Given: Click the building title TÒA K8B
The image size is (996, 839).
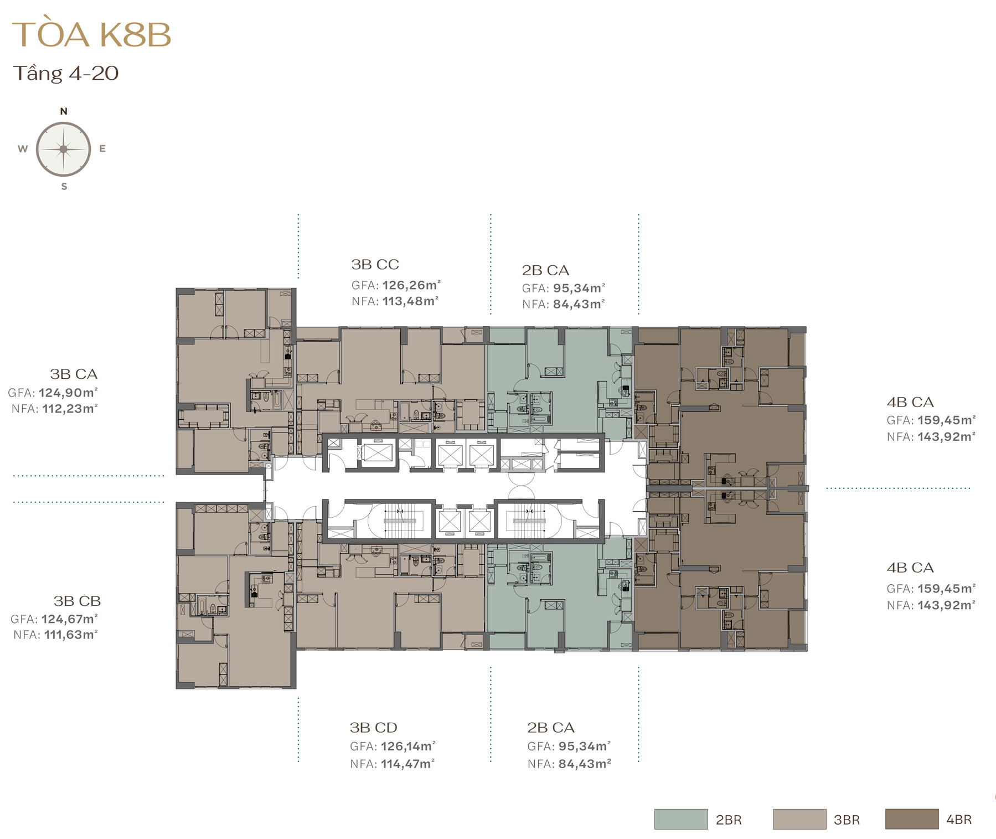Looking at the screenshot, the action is point(91,34).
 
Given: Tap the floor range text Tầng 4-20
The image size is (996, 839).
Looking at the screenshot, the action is point(66,73).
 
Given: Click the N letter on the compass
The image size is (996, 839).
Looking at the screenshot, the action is point(64,111).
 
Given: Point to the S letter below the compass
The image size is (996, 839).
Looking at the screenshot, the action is point(64,187).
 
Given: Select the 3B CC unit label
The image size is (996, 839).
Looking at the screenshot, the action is point(375,265).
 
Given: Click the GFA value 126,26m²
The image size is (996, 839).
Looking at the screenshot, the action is point(411,285).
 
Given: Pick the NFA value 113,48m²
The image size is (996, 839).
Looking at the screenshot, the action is point(410,301).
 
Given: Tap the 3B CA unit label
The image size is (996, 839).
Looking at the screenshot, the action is point(74,374).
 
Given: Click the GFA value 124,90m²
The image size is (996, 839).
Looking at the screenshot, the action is point(68,393).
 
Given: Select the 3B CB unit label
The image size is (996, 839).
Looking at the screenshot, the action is point(77,601).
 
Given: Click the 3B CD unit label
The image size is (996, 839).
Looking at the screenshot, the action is point(373,728).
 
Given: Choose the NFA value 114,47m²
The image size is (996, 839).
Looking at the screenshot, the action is point(407,764).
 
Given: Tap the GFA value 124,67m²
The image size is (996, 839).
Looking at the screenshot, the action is point(70,619).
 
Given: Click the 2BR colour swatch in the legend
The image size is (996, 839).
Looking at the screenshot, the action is point(681,819).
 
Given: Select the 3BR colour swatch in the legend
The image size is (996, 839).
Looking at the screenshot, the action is point(799,819).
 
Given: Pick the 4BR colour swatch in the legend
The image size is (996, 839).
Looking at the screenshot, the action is point(912,819).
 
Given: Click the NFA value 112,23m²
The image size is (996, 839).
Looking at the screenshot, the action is point(70,409).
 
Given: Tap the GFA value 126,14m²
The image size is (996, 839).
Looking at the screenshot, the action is point(408,747).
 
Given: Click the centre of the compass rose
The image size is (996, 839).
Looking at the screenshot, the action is point(64,149).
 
